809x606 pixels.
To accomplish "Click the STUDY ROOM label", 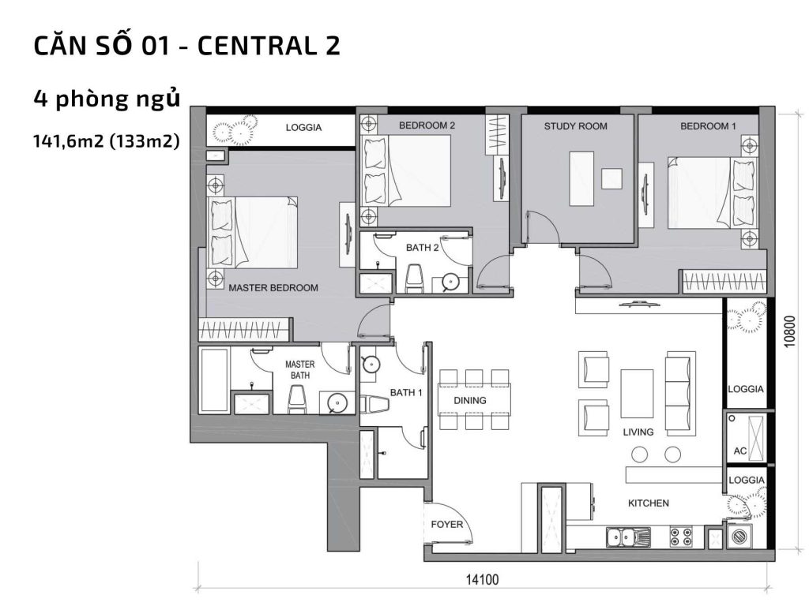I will pyautogui.click(x=575, y=126).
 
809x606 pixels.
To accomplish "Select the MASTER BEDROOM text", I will pyautogui.click(x=273, y=288).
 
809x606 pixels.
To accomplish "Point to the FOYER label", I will pyautogui.click(x=446, y=525).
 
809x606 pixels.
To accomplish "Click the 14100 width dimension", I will pyautogui.click(x=482, y=580).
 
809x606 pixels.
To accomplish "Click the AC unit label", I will pyautogui.click(x=739, y=451).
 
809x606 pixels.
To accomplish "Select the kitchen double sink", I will pyautogui.click(x=628, y=537).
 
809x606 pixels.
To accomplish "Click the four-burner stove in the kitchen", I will pyautogui.click(x=680, y=537).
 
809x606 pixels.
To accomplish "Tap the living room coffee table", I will pyautogui.click(x=637, y=394).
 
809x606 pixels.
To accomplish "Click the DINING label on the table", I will pyautogui.click(x=470, y=400).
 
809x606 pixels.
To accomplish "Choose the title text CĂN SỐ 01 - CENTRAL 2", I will pyautogui.click(x=186, y=46).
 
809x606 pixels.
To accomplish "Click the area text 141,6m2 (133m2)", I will pyautogui.click(x=106, y=141).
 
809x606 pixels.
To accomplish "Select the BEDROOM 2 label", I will pyautogui.click(x=427, y=125).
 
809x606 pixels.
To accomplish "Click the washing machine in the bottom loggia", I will pyautogui.click(x=742, y=537).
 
